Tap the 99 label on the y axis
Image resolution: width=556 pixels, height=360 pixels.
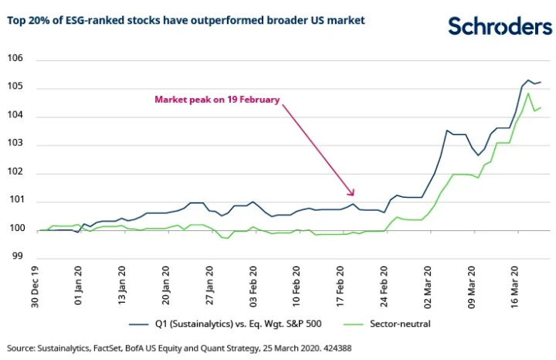(18, 258)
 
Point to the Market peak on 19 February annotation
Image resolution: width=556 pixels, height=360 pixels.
(217, 100)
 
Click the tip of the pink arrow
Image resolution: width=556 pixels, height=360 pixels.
(354, 196)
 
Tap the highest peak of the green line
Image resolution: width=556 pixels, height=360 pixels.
(528, 93)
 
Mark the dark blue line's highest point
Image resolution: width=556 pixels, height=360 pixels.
(528, 80)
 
